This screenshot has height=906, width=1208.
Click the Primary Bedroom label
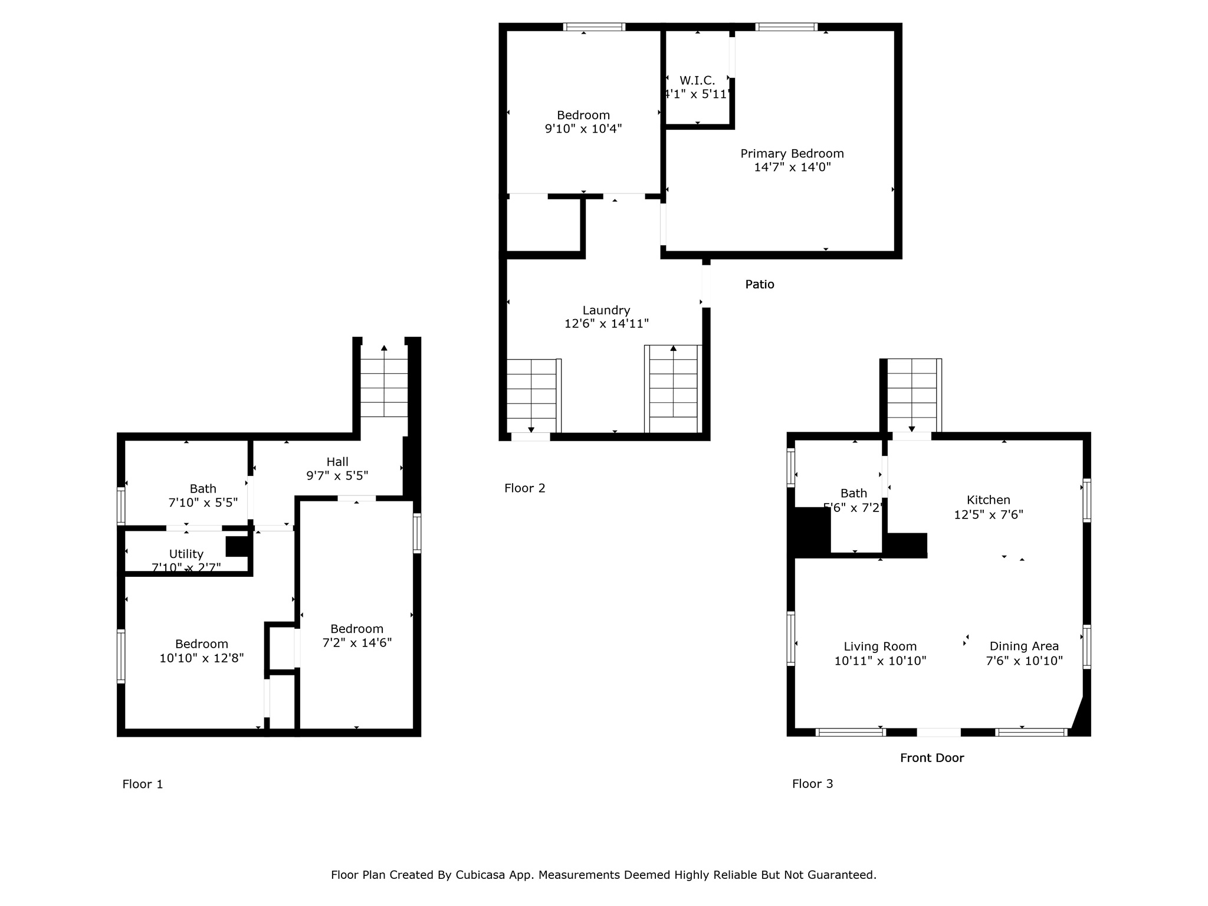point(792,153)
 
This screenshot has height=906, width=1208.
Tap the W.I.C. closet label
point(697,80)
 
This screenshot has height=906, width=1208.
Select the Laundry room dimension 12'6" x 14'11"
point(606,323)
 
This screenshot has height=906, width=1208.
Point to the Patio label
point(759,284)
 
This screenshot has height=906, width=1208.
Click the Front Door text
point(931,758)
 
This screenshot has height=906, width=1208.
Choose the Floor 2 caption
point(524,488)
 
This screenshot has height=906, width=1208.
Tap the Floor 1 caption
point(142,784)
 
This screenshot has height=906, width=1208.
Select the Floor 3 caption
point(812,783)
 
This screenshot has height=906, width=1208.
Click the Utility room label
point(186,554)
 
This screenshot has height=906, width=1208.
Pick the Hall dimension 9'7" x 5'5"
point(337,475)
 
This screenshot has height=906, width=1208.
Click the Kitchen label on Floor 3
point(988,500)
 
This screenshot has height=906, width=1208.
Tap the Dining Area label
point(1023,646)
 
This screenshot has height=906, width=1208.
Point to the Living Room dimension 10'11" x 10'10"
point(879,661)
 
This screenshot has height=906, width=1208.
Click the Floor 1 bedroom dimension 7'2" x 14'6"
point(356,643)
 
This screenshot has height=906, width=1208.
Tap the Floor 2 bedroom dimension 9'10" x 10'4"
point(583,129)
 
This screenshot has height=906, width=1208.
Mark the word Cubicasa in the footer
point(480,875)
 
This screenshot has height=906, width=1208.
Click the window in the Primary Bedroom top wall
point(786,27)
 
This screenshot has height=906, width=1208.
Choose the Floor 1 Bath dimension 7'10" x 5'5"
point(203,503)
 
